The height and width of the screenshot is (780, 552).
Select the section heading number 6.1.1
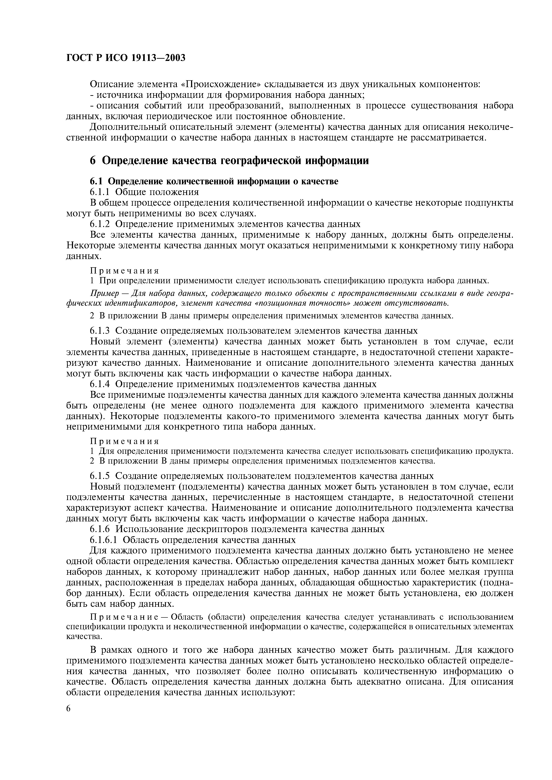pos(100,192)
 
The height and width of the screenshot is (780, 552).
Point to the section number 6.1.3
pos(100,331)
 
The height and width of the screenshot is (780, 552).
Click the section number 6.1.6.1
pos(104,540)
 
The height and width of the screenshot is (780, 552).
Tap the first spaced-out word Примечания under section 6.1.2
pos(124,271)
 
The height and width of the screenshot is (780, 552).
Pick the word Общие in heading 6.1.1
pos(128,192)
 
